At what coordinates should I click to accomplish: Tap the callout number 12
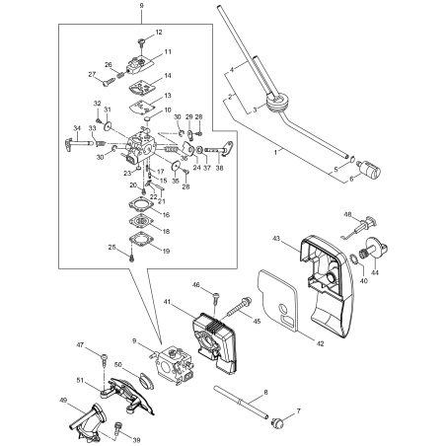(x=159, y=33)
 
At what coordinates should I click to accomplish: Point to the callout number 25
(x=112, y=247)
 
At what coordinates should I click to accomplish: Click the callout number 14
(x=167, y=75)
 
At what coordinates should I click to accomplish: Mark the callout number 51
(x=80, y=380)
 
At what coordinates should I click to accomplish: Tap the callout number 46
(x=196, y=285)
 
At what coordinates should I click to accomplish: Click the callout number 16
(x=165, y=214)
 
